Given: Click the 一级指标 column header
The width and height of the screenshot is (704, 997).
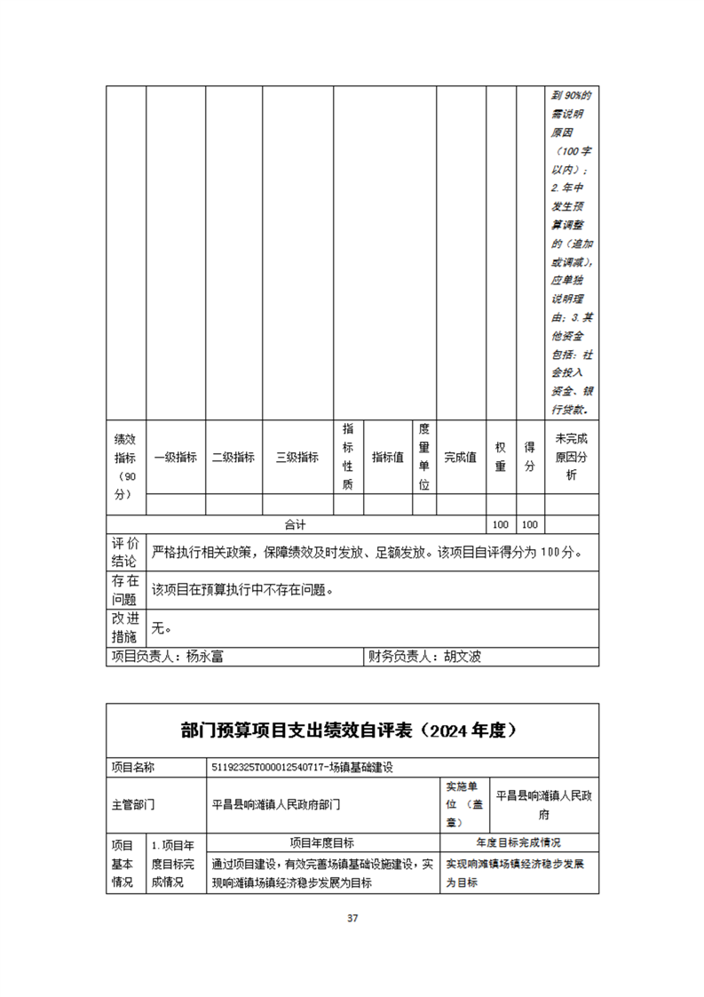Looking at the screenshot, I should [x=175, y=458].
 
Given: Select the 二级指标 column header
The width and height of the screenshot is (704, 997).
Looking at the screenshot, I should [x=233, y=458].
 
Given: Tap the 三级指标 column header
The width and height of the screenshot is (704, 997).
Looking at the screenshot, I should [x=297, y=458].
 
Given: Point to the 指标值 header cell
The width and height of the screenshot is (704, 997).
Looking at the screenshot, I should [x=388, y=458].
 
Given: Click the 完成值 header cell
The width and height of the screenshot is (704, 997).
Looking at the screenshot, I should [x=461, y=458].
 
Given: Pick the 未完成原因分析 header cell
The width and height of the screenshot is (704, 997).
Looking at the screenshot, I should [x=572, y=458].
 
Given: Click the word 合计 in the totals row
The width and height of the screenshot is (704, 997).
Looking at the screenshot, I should [x=295, y=525].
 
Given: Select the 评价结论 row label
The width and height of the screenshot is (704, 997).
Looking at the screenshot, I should [x=125, y=552].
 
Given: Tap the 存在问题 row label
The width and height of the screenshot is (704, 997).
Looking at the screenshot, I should [x=125, y=589].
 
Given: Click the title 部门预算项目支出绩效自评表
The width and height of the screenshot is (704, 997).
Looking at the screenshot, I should [x=298, y=730].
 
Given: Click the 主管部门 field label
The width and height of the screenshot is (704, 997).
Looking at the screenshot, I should [x=133, y=804].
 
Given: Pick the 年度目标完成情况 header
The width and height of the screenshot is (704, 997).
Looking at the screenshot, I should [x=518, y=842].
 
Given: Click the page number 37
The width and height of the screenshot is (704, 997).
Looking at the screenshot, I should [x=352, y=918].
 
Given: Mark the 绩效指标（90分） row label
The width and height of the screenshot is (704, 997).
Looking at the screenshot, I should [x=125, y=467].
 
